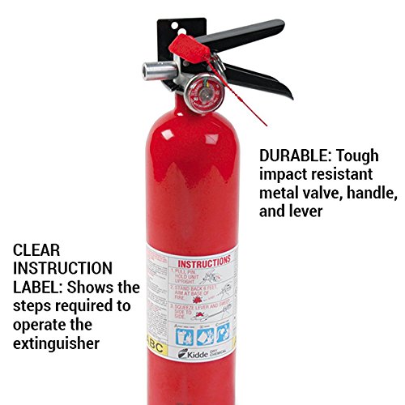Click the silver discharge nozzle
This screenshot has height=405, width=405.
(x=154, y=70)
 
